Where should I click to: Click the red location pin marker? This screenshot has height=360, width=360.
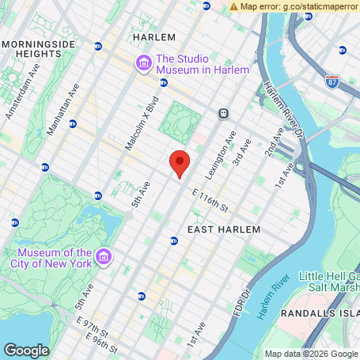[x=180, y=162]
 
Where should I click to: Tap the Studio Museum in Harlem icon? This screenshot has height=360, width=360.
[x=143, y=63]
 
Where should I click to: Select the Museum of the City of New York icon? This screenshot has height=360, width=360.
[x=104, y=257]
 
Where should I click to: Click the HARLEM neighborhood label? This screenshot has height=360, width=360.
[x=153, y=37]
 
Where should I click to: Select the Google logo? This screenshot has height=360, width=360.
[x=26, y=350]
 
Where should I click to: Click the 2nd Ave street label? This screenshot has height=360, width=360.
[x=275, y=141]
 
